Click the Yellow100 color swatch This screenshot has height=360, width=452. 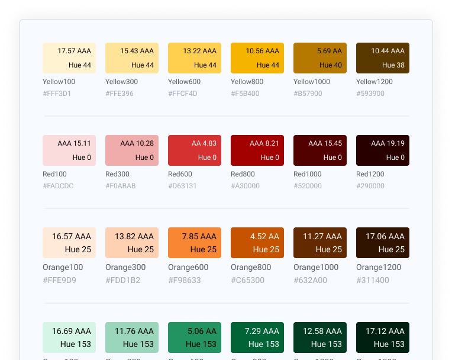click(69, 58)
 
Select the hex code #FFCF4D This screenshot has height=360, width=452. click(183, 94)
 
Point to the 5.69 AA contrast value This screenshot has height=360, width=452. click(330, 51)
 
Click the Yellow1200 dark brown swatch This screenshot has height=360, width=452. click(383, 58)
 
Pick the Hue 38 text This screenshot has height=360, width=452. click(393, 65)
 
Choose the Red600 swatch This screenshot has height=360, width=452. click(195, 150)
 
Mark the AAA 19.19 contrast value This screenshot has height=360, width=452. click(388, 143)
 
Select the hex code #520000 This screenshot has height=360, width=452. click(308, 186)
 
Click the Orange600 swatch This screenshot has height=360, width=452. click(195, 243)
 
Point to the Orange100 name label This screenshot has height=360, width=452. click(63, 267)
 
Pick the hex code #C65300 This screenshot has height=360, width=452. click(248, 280)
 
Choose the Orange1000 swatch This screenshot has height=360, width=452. click(320, 243)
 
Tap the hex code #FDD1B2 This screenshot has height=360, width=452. click(122, 280)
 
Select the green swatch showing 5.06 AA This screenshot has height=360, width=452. click(195, 337)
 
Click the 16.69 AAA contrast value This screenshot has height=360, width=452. click(72, 331)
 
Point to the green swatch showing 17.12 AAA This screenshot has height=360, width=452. click(383, 337)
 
